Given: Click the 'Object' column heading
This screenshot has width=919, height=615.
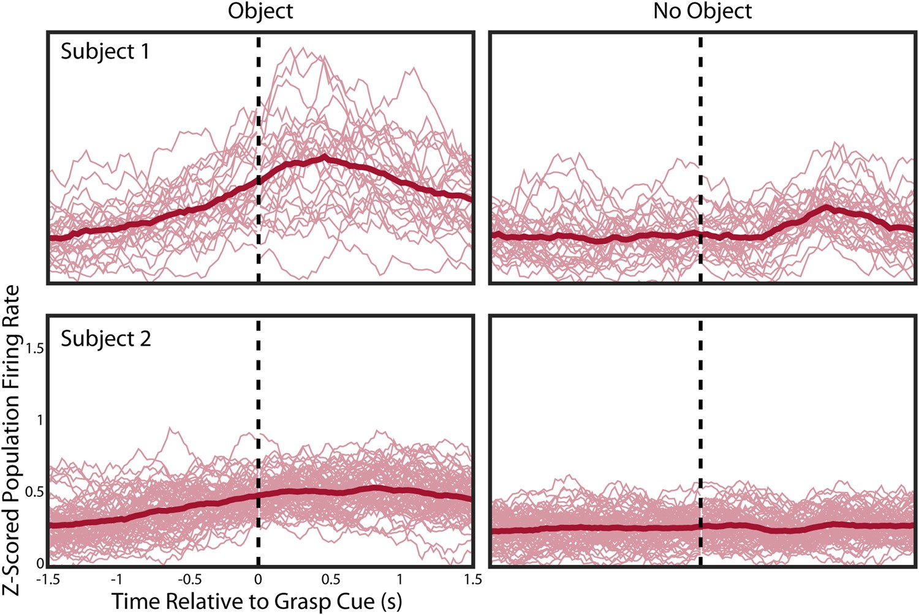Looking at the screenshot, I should (260, 11).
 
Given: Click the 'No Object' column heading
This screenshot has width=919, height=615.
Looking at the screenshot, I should (702, 11).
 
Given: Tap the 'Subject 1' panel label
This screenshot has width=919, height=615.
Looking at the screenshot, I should (105, 51).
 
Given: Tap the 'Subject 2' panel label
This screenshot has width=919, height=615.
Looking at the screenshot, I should (105, 338).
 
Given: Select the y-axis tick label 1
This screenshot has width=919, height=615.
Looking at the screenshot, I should (40, 420).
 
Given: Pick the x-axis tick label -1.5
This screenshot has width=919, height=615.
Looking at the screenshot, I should (48, 579).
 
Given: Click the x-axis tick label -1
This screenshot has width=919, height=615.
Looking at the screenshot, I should (116, 579).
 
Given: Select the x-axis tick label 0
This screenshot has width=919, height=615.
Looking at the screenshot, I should (258, 579).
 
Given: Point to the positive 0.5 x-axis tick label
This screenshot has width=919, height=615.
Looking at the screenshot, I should (330, 579).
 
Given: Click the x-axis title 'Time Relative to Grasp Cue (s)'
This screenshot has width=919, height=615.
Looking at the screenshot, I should (257, 600).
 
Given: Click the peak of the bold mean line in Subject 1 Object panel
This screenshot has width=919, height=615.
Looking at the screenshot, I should (323, 158).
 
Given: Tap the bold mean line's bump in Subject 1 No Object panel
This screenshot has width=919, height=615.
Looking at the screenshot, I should (826, 209).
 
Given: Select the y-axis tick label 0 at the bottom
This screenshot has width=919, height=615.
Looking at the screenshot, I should (40, 564).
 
